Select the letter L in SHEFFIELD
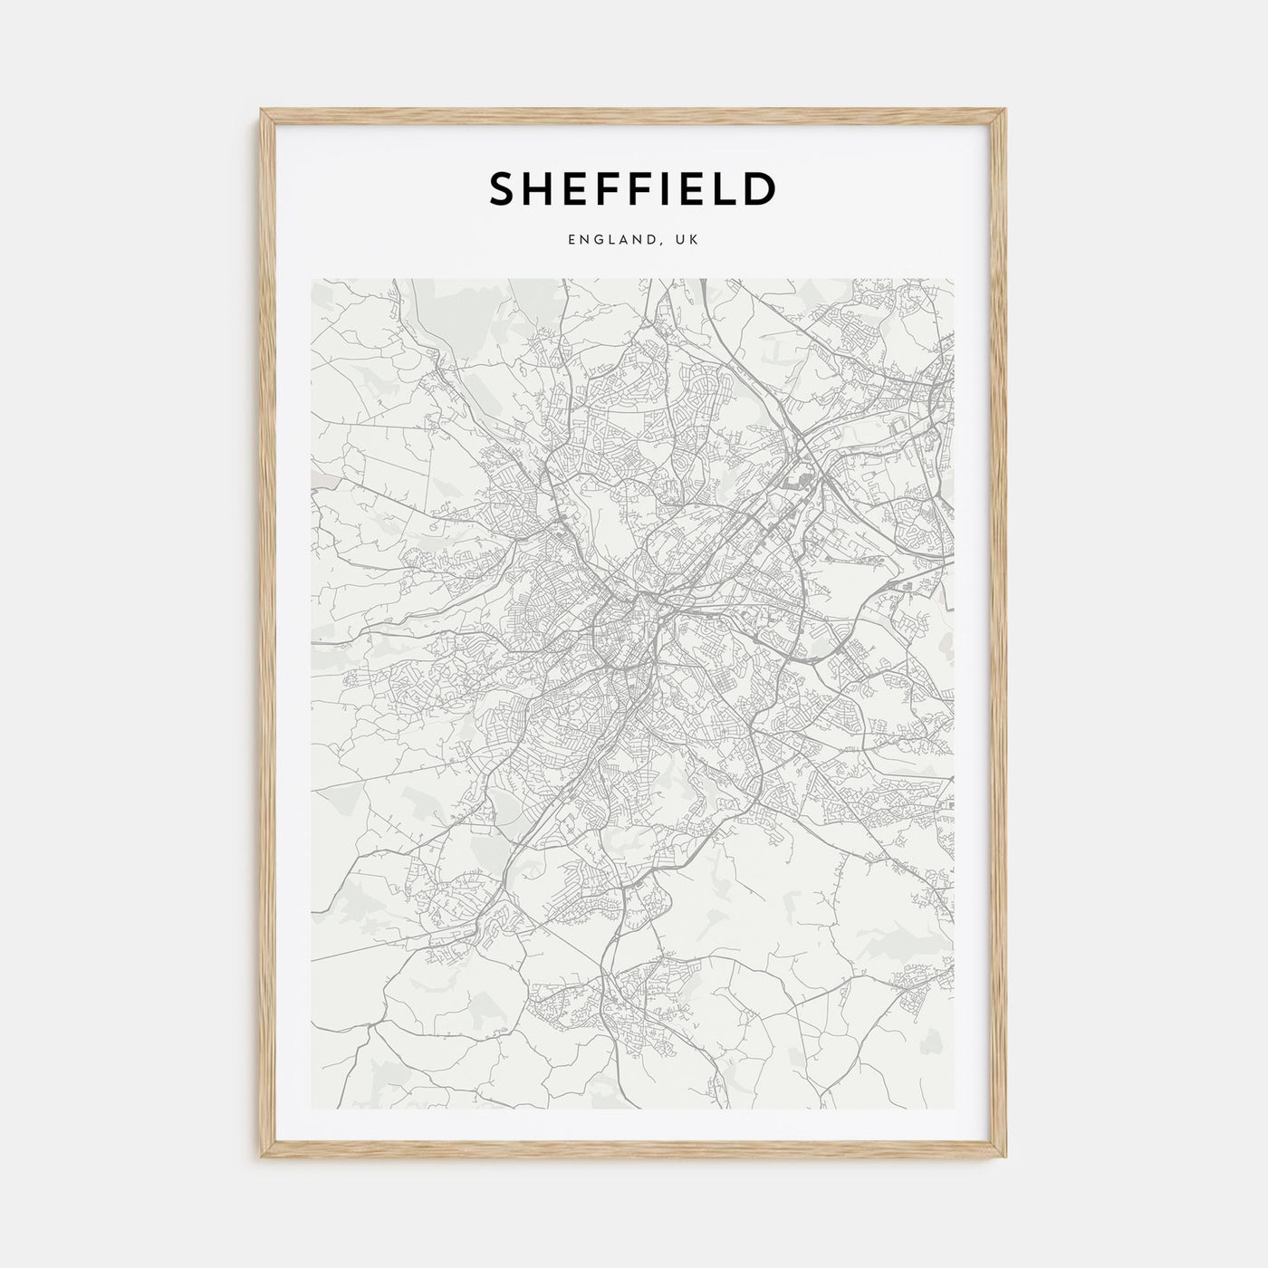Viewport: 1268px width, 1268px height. pos(720,188)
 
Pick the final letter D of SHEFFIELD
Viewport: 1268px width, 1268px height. pos(759,188)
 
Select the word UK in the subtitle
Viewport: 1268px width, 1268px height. pos(687,240)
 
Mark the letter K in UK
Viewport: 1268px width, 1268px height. pos(693,240)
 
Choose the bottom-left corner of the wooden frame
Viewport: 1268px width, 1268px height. pos(262,1158)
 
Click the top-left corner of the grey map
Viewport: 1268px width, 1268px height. pos(311,279)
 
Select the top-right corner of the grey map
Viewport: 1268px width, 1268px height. pos(954,279)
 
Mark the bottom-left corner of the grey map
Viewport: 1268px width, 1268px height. pos(311,1109)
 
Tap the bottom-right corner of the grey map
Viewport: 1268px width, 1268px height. pos(954,1109)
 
